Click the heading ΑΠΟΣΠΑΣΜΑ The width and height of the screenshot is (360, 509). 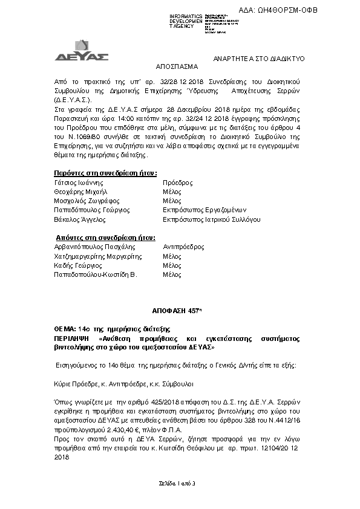174,68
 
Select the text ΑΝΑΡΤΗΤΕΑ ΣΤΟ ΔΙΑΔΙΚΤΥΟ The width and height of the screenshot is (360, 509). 260,58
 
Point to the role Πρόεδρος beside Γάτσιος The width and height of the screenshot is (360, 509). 178,182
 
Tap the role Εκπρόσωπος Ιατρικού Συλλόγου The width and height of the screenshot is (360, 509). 212,219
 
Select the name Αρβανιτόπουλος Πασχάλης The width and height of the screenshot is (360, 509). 94,247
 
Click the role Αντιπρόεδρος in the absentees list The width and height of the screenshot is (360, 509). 184,247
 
